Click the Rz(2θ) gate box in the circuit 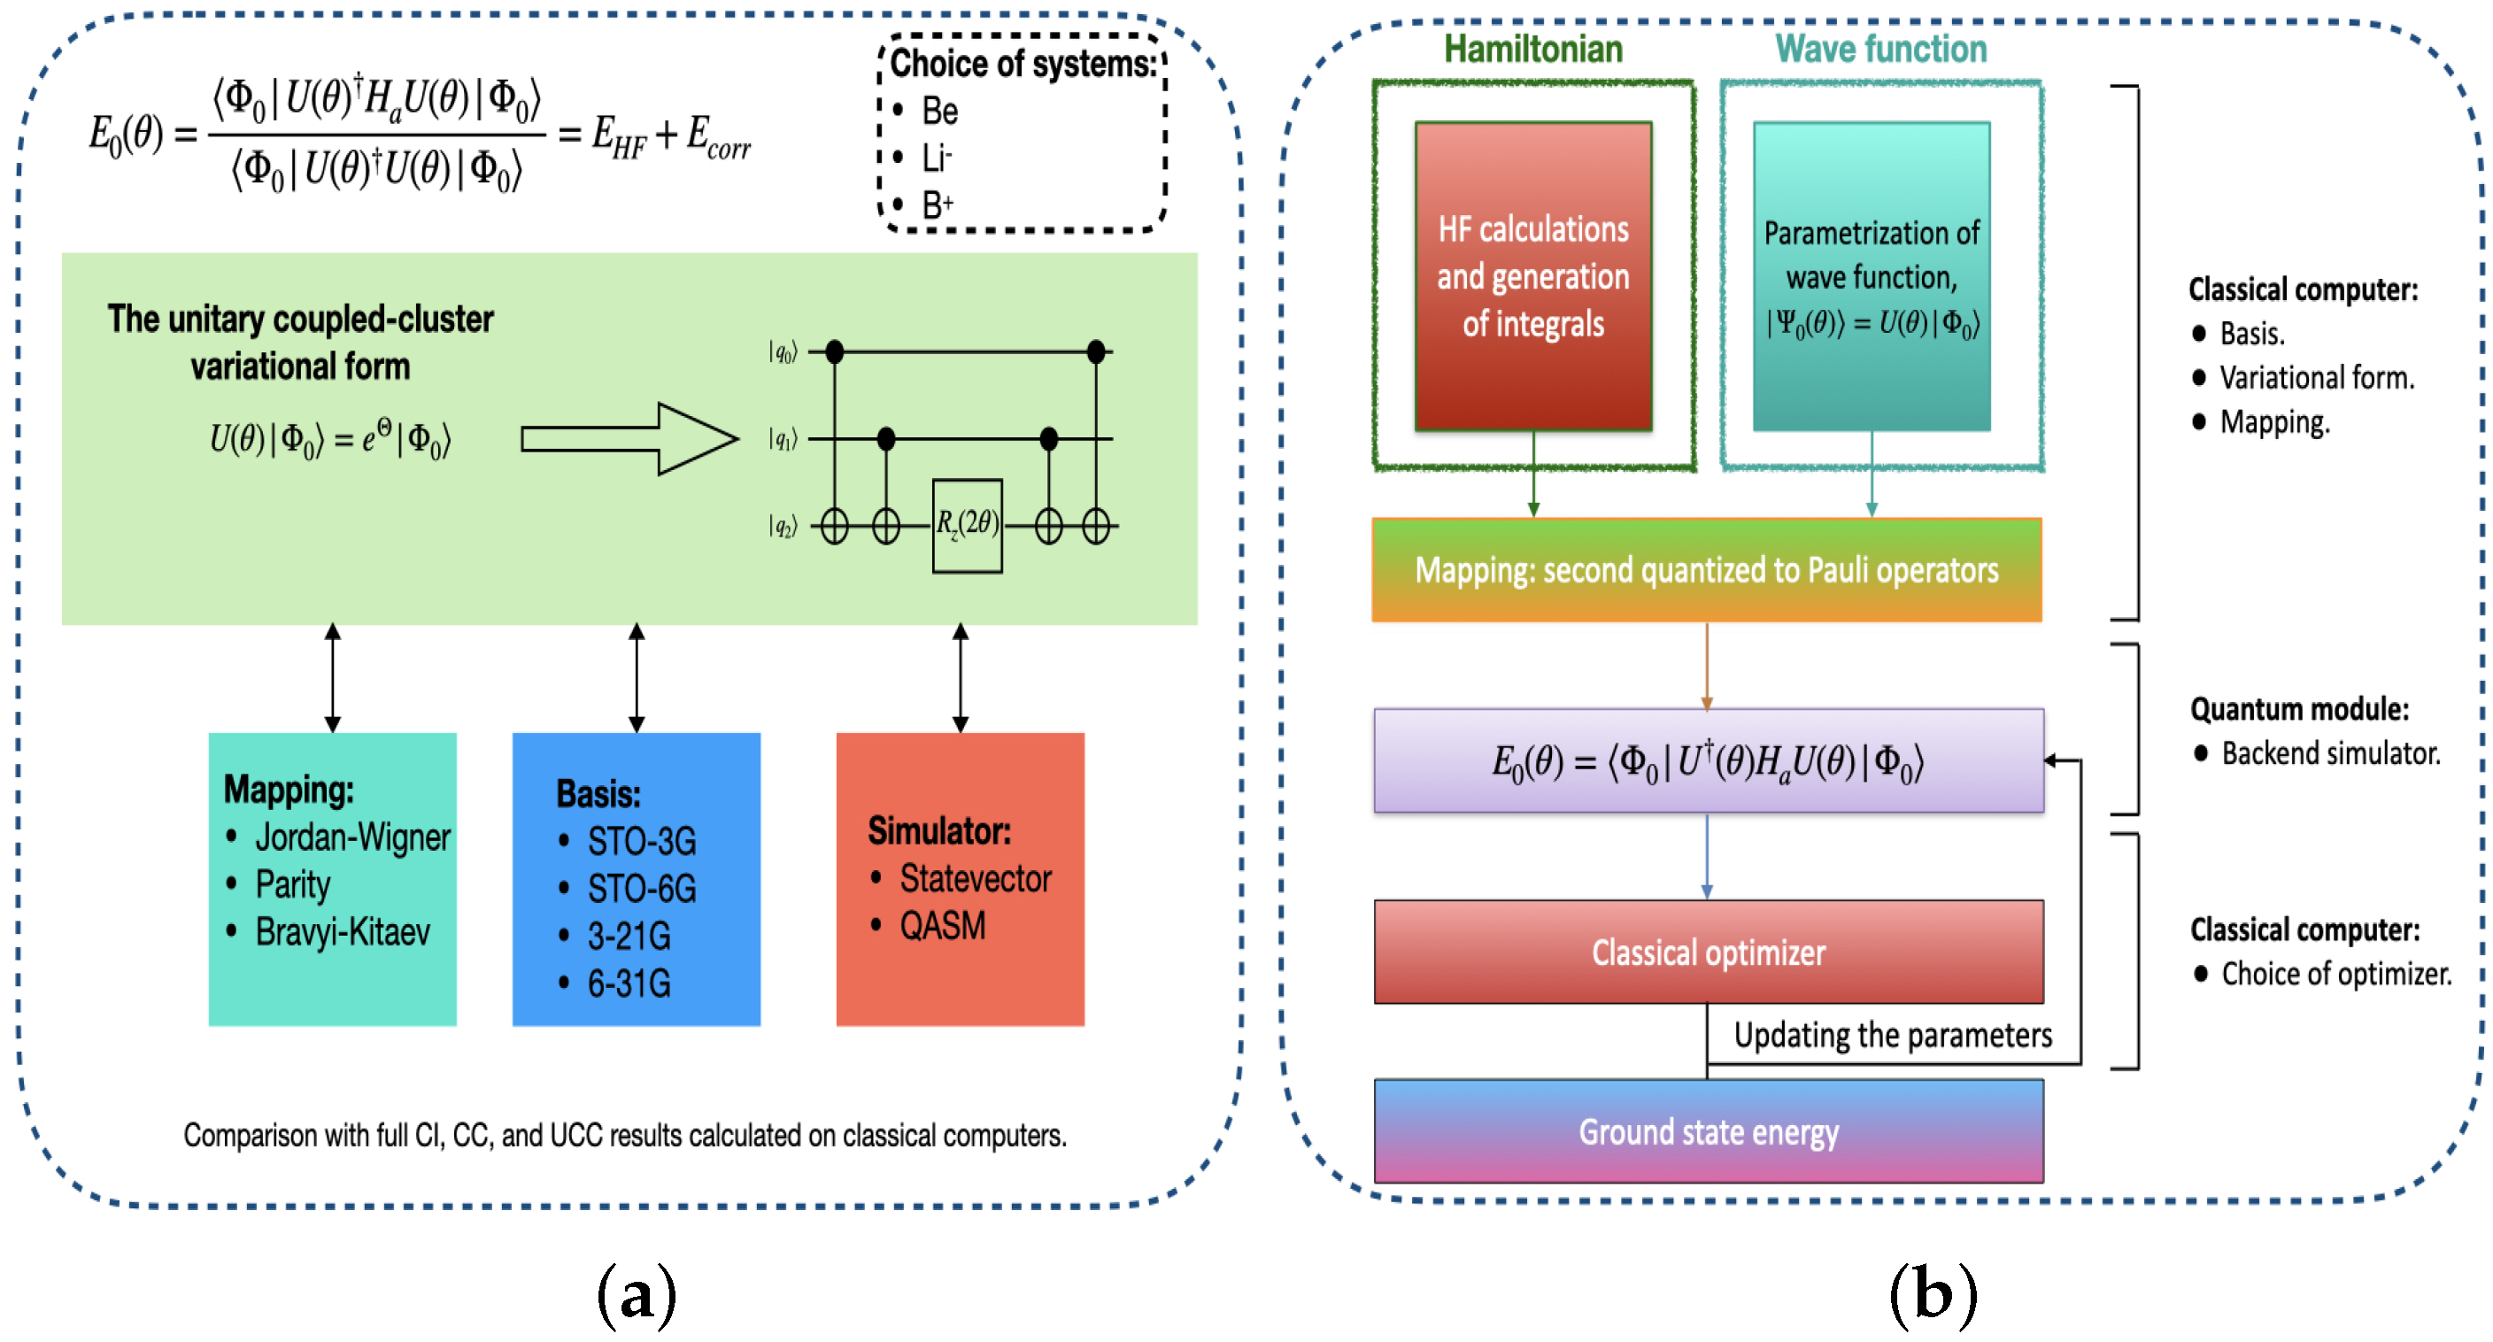[x=967, y=526]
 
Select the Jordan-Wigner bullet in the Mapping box [x=352, y=837]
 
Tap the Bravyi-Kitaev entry [x=343, y=932]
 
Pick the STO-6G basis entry [x=642, y=888]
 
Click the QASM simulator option [x=943, y=926]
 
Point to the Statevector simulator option [x=976, y=878]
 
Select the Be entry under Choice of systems [x=939, y=112]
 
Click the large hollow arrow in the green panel [x=629, y=439]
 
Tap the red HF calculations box [x=1533, y=277]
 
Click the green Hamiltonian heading [x=1533, y=50]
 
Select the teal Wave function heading [x=1880, y=50]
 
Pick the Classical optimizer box [x=1708, y=953]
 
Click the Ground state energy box [x=1708, y=1131]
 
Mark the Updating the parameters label [x=1892, y=1036]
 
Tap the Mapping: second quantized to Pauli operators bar [x=1706, y=570]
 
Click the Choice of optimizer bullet [x=2335, y=974]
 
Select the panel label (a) [x=636, y=1293]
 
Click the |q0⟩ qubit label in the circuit [x=782, y=352]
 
